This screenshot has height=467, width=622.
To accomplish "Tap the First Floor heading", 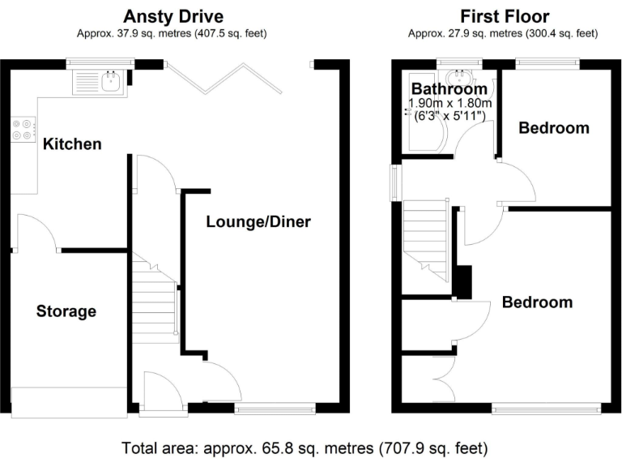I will point(504,16).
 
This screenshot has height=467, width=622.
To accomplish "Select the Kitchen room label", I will point(72,144).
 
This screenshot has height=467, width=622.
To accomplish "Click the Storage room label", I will point(66,311).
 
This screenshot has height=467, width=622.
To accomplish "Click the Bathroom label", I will point(449,88).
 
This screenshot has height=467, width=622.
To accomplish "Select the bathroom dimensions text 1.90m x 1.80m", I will point(450,104).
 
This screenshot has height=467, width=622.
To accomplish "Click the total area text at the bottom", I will point(305,448).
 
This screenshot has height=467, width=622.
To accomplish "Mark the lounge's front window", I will point(275,409).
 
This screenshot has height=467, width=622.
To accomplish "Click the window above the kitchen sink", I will point(100,62).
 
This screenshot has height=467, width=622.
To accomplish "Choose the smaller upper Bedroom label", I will point(554,128).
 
